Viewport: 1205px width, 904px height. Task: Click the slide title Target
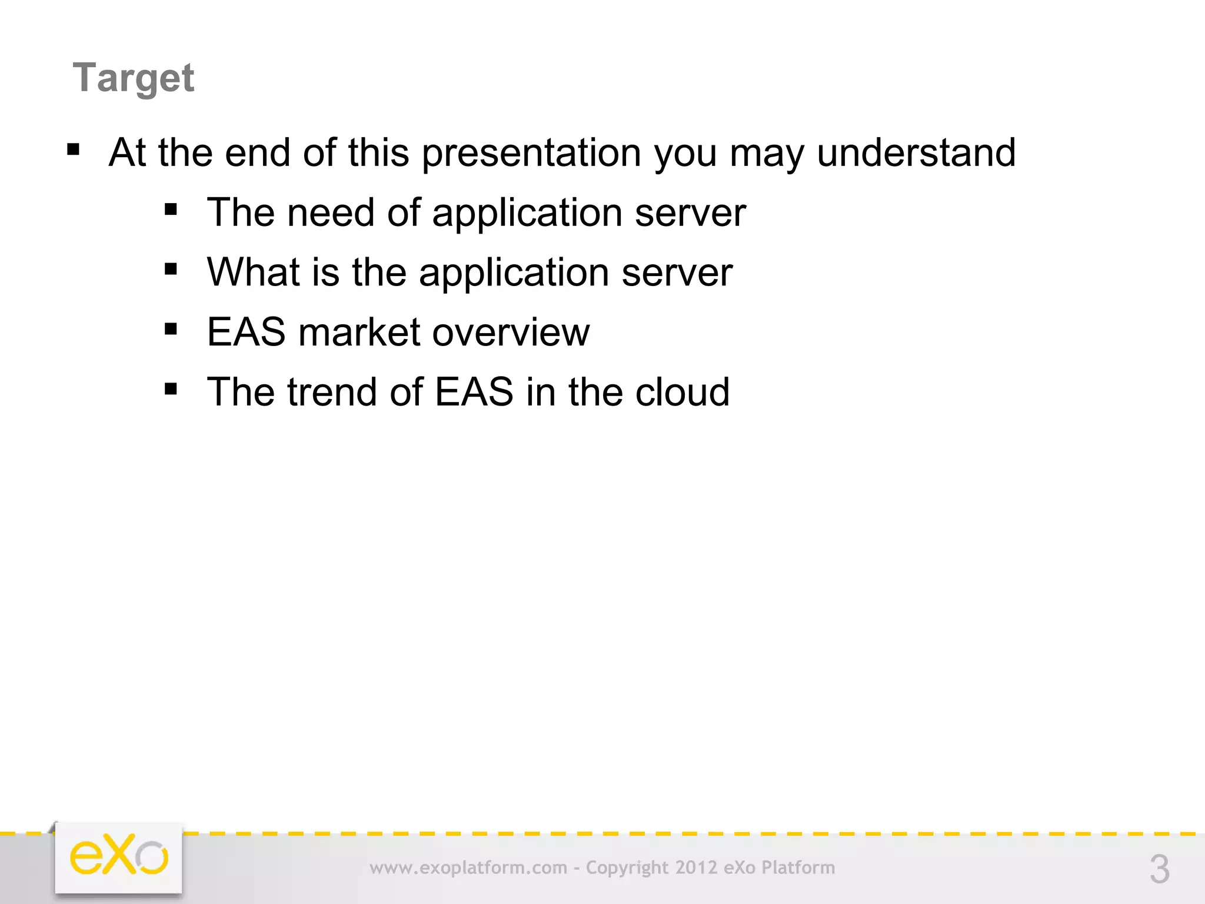(x=133, y=78)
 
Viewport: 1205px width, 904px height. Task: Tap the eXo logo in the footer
(x=119, y=856)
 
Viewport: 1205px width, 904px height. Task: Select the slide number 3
(x=1159, y=869)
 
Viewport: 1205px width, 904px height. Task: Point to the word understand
(x=916, y=152)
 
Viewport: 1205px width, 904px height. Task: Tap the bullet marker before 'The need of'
(x=171, y=210)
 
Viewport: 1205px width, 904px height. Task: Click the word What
(x=253, y=272)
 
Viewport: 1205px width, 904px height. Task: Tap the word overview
(x=511, y=333)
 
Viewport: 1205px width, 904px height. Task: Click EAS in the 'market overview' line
(x=246, y=333)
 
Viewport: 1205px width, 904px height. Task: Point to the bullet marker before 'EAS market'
(x=171, y=329)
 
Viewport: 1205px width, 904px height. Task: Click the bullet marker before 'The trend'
(x=171, y=389)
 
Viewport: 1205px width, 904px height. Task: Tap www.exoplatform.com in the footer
(x=468, y=868)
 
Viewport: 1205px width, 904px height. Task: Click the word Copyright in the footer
(x=627, y=868)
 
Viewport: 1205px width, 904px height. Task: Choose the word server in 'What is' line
(x=677, y=273)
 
